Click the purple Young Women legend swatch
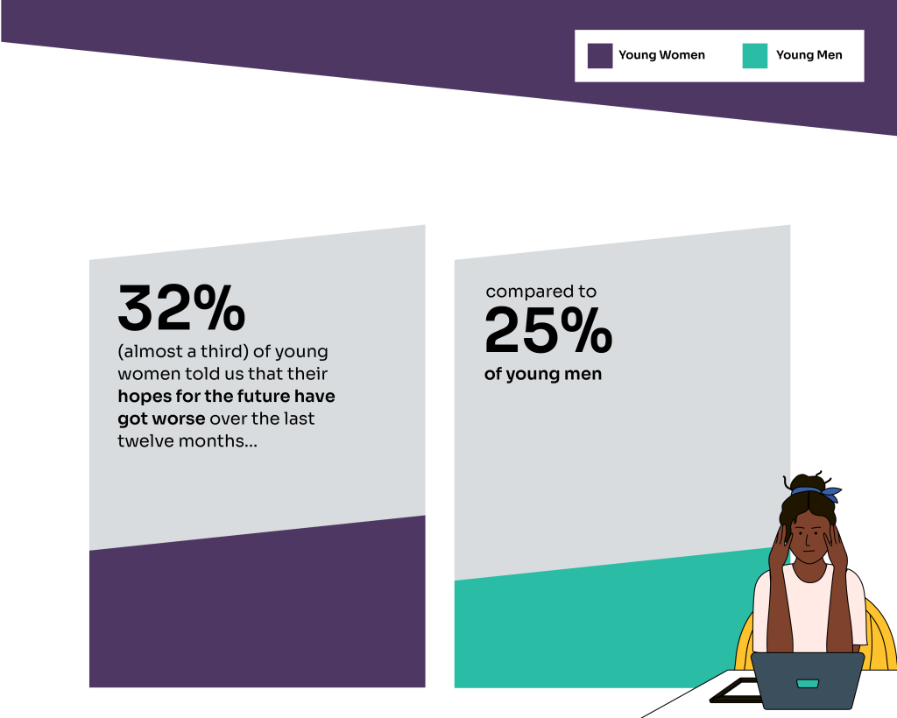click(x=600, y=56)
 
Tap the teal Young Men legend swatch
click(x=754, y=56)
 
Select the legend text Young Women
click(x=662, y=55)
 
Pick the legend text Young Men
click(x=809, y=55)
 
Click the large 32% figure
click(x=181, y=308)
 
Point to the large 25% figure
click(x=548, y=330)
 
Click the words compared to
click(x=541, y=292)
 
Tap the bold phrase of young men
click(x=543, y=375)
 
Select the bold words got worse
click(x=161, y=419)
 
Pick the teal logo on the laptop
click(x=807, y=683)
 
